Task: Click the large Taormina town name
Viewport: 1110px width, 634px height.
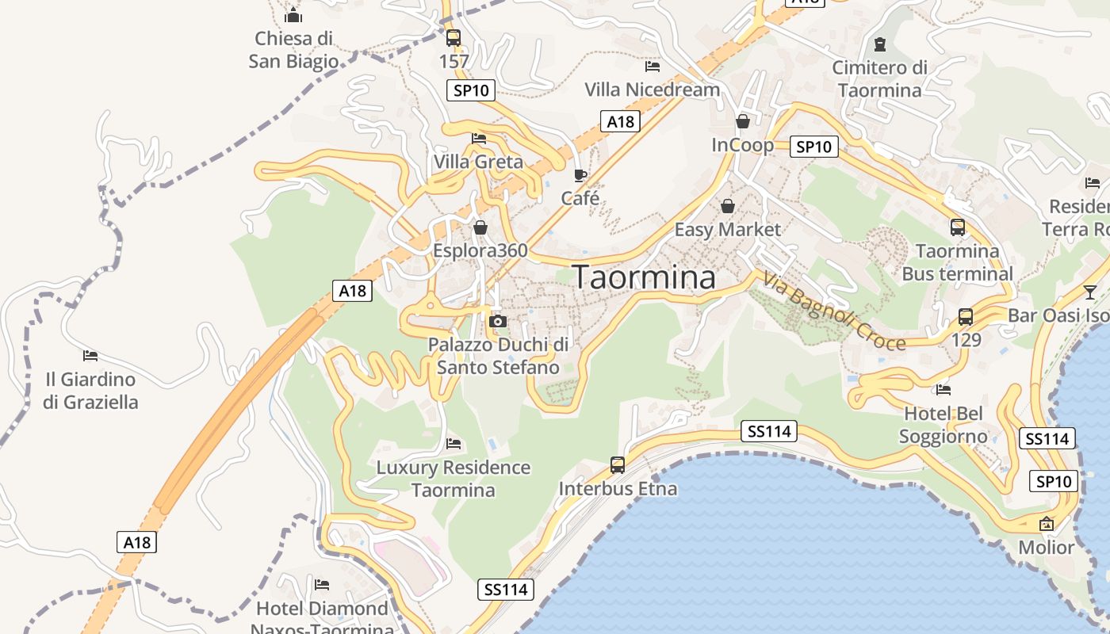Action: coord(644,277)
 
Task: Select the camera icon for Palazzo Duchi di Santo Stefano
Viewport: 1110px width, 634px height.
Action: coord(498,321)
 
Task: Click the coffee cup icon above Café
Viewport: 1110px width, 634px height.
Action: coord(580,175)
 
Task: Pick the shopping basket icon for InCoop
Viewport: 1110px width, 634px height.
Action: coord(743,121)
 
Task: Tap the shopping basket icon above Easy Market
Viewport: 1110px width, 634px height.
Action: coord(727,206)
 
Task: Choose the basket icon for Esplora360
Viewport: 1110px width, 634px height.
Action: coord(480,228)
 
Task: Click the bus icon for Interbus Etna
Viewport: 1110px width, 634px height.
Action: coord(618,465)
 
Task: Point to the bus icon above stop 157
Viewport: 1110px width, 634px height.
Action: coord(454,37)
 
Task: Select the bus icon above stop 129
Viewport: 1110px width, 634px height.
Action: coord(966,317)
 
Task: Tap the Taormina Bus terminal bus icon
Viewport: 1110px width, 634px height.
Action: coord(958,227)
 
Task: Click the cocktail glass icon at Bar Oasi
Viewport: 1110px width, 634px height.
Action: coord(1091,292)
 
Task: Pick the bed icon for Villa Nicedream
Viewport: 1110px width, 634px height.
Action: coord(653,67)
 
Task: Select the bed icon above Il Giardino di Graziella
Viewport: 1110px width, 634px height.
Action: coord(90,355)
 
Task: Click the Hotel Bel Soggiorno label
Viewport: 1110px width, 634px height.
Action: coord(943,425)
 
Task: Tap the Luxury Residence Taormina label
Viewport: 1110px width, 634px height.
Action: coord(454,479)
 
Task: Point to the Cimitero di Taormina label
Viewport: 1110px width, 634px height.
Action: coord(879,78)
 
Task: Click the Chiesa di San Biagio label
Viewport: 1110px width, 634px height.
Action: coord(293,49)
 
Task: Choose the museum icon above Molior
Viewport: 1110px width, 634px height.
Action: coord(1047,524)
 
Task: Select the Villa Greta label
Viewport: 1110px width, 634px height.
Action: coord(478,162)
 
